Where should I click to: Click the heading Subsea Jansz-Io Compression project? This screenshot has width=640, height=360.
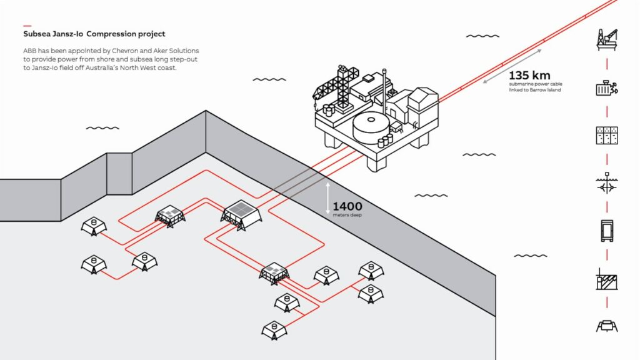click(94, 34)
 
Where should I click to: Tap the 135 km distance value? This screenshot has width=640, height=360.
click(530, 76)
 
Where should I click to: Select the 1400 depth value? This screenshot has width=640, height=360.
click(347, 206)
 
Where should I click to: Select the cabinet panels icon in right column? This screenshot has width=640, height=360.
click(606, 136)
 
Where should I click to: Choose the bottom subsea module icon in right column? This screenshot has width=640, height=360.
click(606, 326)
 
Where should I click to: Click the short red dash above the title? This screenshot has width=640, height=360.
click(27, 26)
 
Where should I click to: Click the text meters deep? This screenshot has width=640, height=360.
click(347, 214)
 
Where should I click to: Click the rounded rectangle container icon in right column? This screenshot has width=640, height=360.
click(606, 231)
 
